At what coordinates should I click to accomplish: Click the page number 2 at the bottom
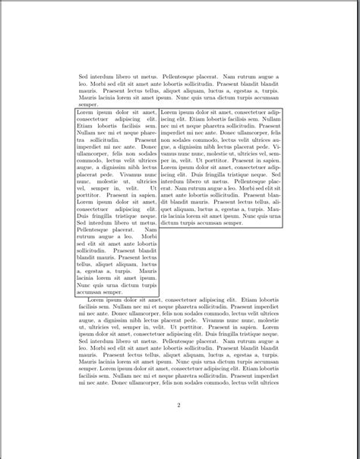[178, 404]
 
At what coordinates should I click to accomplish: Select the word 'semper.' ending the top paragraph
[88, 105]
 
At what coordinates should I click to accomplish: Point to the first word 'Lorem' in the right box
[169, 112]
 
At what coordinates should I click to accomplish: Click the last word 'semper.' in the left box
[112, 291]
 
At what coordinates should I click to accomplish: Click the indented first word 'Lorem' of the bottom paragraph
[99, 300]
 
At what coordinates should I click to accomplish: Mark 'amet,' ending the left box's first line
[150, 112]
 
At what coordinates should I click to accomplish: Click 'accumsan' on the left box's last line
[89, 291]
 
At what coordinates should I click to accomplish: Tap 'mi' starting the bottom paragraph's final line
[81, 382]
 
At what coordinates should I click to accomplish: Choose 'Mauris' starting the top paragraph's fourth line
[87, 98]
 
